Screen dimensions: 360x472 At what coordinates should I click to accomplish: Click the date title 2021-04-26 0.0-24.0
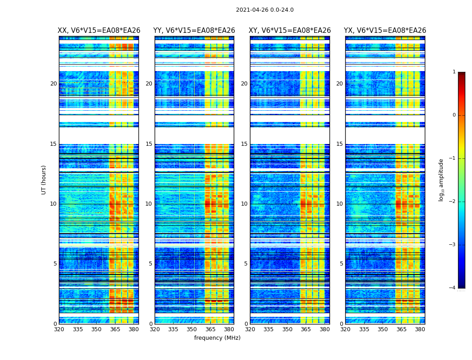tap(265, 10)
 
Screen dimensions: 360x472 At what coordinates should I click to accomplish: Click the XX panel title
tap(99, 31)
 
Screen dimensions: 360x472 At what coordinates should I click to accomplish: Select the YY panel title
tap(194, 31)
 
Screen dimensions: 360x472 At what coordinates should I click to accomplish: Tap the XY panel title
tap(290, 31)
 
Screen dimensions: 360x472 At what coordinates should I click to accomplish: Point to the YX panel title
tap(385, 31)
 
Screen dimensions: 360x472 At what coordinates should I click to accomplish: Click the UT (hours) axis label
tap(44, 180)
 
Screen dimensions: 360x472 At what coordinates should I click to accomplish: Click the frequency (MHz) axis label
tap(217, 338)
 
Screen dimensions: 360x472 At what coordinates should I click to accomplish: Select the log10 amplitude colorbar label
tap(441, 180)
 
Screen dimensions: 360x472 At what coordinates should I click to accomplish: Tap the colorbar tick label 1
tap(454, 72)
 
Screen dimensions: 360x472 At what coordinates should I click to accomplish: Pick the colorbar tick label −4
tap(453, 288)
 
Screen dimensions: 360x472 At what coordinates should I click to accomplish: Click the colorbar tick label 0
tap(454, 115)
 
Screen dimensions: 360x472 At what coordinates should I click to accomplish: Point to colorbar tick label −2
tap(453, 202)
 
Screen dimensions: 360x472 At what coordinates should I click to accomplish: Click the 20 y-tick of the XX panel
tap(53, 84)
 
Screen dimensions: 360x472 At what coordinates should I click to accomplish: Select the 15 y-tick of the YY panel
tap(149, 144)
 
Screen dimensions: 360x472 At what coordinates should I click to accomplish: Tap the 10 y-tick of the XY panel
tap(244, 204)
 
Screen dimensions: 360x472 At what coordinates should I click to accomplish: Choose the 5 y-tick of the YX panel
tap(341, 264)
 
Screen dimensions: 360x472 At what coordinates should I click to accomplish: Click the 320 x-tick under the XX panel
tap(59, 329)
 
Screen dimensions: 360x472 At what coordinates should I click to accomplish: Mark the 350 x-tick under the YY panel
tap(192, 329)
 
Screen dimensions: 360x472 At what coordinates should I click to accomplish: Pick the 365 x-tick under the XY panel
tap(306, 329)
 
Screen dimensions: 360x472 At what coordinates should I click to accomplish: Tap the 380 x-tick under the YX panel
tap(420, 329)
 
